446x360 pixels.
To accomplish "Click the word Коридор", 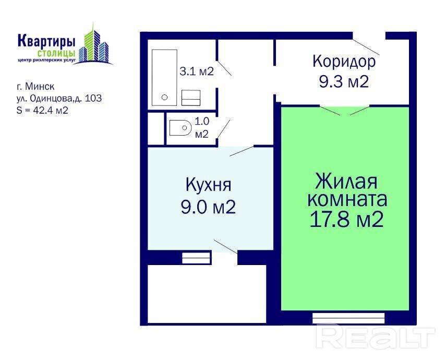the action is (344, 62).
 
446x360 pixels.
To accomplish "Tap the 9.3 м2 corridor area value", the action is (344, 82).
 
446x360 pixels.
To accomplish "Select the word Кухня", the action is (209, 186).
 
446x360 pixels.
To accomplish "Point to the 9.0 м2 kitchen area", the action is (208, 207).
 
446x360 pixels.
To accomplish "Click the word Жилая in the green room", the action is (346, 182).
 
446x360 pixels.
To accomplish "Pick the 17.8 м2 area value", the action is (346, 220).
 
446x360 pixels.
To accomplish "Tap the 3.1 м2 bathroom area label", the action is (197, 71).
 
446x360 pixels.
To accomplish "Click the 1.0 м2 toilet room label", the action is (202, 127).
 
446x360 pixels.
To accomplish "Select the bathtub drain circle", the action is (164, 98).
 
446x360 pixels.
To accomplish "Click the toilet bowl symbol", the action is (180, 128).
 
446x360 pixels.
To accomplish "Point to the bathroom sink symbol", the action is (191, 98).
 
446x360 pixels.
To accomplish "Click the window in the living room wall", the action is (348, 318).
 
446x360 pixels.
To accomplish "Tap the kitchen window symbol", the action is (196, 258).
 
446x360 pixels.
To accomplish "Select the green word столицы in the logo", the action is (56, 53).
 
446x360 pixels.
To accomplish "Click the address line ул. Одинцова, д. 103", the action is (59, 98).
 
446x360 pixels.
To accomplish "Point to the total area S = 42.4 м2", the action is (42, 110).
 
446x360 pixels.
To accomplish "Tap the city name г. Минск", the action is (35, 86).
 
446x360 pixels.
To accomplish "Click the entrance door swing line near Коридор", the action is (366, 47).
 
